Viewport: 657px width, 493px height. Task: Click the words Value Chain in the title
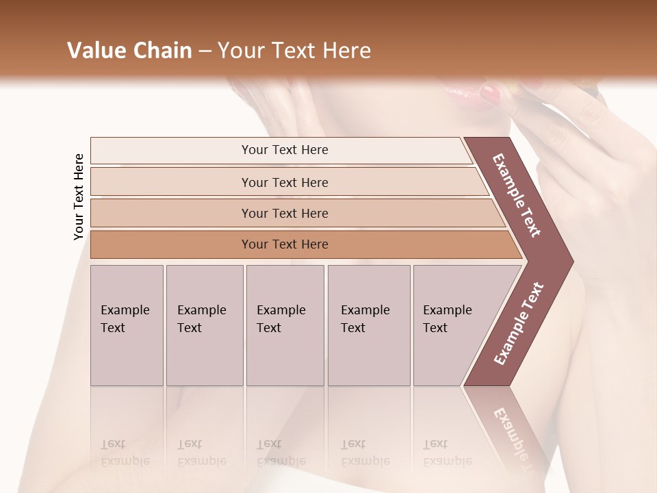[x=129, y=51]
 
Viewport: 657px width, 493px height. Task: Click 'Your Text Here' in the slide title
[x=294, y=51]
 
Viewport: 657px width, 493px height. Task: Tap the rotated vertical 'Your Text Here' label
[x=79, y=197]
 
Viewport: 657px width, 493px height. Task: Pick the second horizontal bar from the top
[x=284, y=182]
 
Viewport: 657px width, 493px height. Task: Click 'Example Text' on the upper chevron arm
[x=517, y=195]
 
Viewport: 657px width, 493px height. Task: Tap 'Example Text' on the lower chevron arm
[x=519, y=323]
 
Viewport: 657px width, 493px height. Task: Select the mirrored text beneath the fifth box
[x=446, y=453]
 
